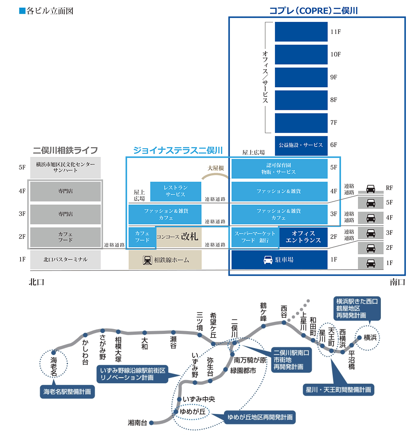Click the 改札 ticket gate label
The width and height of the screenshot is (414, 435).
[x=189, y=237]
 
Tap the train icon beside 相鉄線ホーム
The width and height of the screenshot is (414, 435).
[x=147, y=260]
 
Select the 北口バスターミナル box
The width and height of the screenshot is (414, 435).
[x=65, y=260]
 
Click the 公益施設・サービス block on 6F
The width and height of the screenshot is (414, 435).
[x=301, y=145]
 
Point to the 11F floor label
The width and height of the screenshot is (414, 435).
[x=336, y=32]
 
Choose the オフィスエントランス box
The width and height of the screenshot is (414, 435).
[x=303, y=237]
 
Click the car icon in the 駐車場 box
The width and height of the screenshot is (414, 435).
[x=268, y=260]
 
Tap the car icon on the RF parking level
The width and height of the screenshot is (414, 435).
[x=370, y=188]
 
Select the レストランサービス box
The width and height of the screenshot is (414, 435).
[x=175, y=191]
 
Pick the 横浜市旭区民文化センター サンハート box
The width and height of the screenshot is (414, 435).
[x=65, y=167]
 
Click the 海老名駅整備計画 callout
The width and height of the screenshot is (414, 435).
[x=67, y=391]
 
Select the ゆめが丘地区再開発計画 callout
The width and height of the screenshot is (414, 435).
[x=260, y=417]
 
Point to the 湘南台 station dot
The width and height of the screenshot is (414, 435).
[x=151, y=423]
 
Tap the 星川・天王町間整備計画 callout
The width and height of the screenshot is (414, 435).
[x=338, y=390]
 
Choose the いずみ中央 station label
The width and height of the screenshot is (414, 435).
[x=199, y=399]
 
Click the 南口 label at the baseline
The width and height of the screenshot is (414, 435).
[x=397, y=282]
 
